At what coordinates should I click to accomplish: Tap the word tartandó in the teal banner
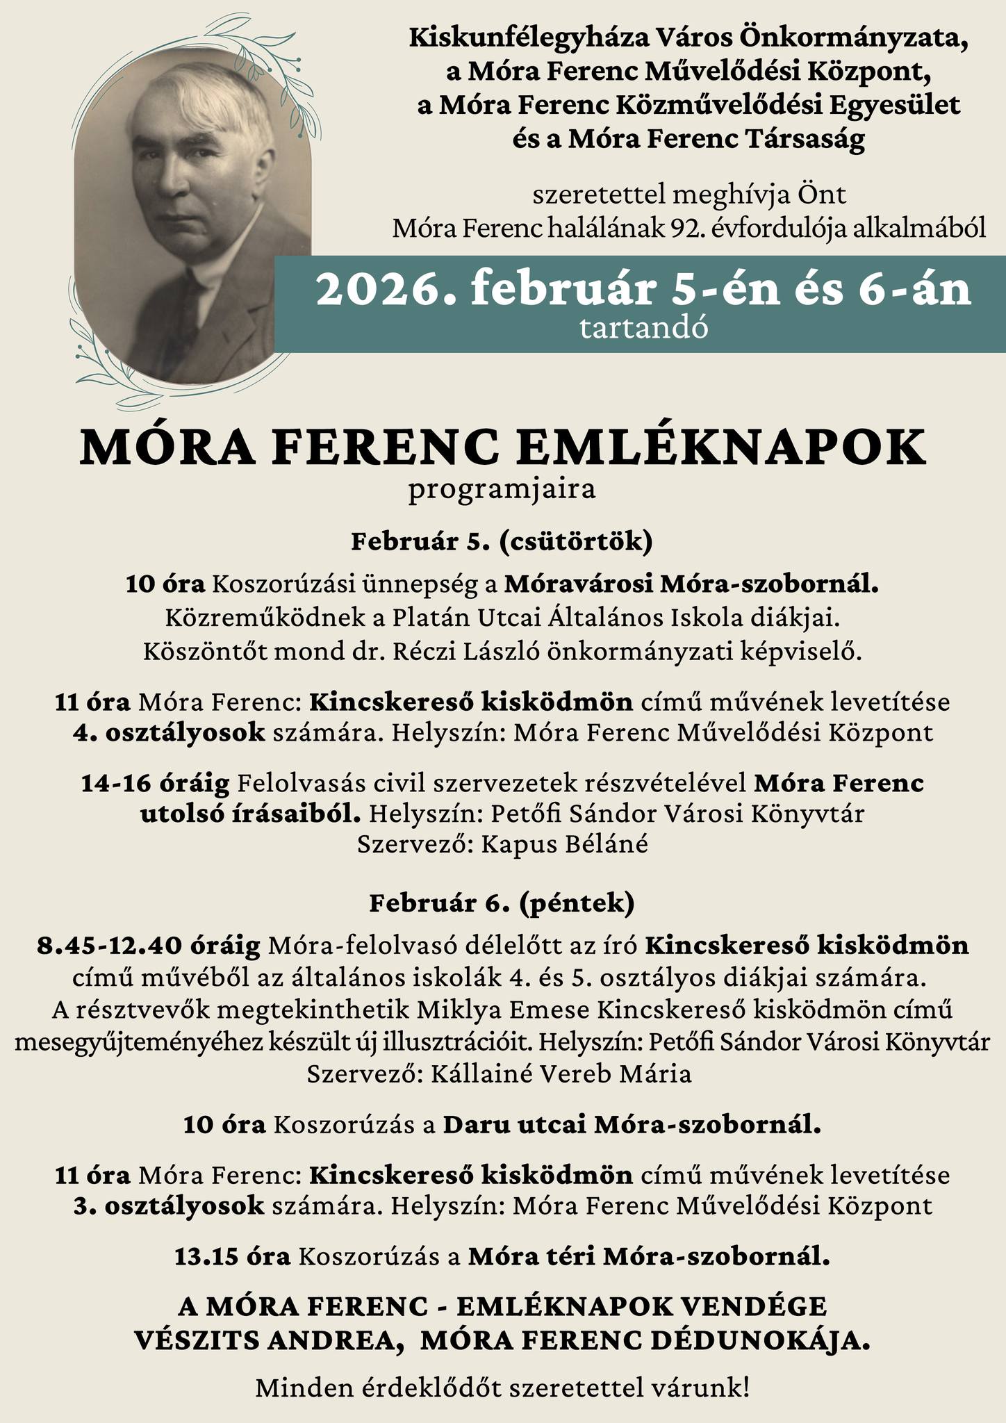pos(643,329)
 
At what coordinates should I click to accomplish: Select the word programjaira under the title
pos(502,490)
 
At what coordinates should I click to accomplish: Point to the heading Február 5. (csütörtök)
pos(502,541)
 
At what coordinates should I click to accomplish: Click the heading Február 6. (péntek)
pos(502,903)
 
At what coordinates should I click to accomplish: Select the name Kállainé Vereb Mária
pos(561,1074)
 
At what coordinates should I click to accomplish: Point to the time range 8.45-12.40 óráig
pos(149,946)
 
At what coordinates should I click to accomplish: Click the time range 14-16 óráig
pos(155,783)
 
